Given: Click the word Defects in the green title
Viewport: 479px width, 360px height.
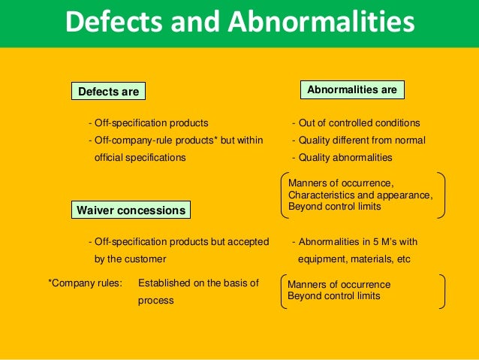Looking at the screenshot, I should pyautogui.click(x=113, y=23).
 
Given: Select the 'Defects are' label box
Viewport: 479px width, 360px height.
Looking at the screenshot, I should pyautogui.click(x=109, y=92).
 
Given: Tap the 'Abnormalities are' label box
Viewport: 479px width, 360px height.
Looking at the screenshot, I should pyautogui.click(x=352, y=89).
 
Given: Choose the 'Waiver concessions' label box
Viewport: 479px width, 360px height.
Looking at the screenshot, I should pyautogui.click(x=131, y=210).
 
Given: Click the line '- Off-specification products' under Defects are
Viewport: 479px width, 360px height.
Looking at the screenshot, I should pyautogui.click(x=148, y=123).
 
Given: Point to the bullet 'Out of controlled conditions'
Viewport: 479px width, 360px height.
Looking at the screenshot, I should pyautogui.click(x=359, y=123).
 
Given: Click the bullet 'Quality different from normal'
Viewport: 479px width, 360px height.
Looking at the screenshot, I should pyautogui.click(x=361, y=140).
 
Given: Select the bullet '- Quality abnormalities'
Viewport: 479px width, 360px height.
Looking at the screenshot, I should pyautogui.click(x=342, y=157).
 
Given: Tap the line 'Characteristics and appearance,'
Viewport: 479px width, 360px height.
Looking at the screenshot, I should pyautogui.click(x=360, y=195).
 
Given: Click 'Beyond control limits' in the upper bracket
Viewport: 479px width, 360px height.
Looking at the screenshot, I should pyautogui.click(x=334, y=206).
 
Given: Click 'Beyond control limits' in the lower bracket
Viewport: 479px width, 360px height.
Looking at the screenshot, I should pyautogui.click(x=333, y=296).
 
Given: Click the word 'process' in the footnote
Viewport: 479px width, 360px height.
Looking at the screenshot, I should pyautogui.click(x=155, y=300).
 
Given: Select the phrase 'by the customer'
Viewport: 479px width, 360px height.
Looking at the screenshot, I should pyautogui.click(x=130, y=259).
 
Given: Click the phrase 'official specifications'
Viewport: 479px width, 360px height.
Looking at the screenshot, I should pyautogui.click(x=140, y=157).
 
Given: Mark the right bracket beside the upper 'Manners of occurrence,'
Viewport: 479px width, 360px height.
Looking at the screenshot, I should pyautogui.click(x=441, y=195).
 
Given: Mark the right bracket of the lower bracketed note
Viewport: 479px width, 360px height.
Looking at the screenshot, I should pyautogui.click(x=442, y=290).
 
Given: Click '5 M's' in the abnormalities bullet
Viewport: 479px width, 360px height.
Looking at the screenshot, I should pyautogui.click(x=383, y=241).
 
